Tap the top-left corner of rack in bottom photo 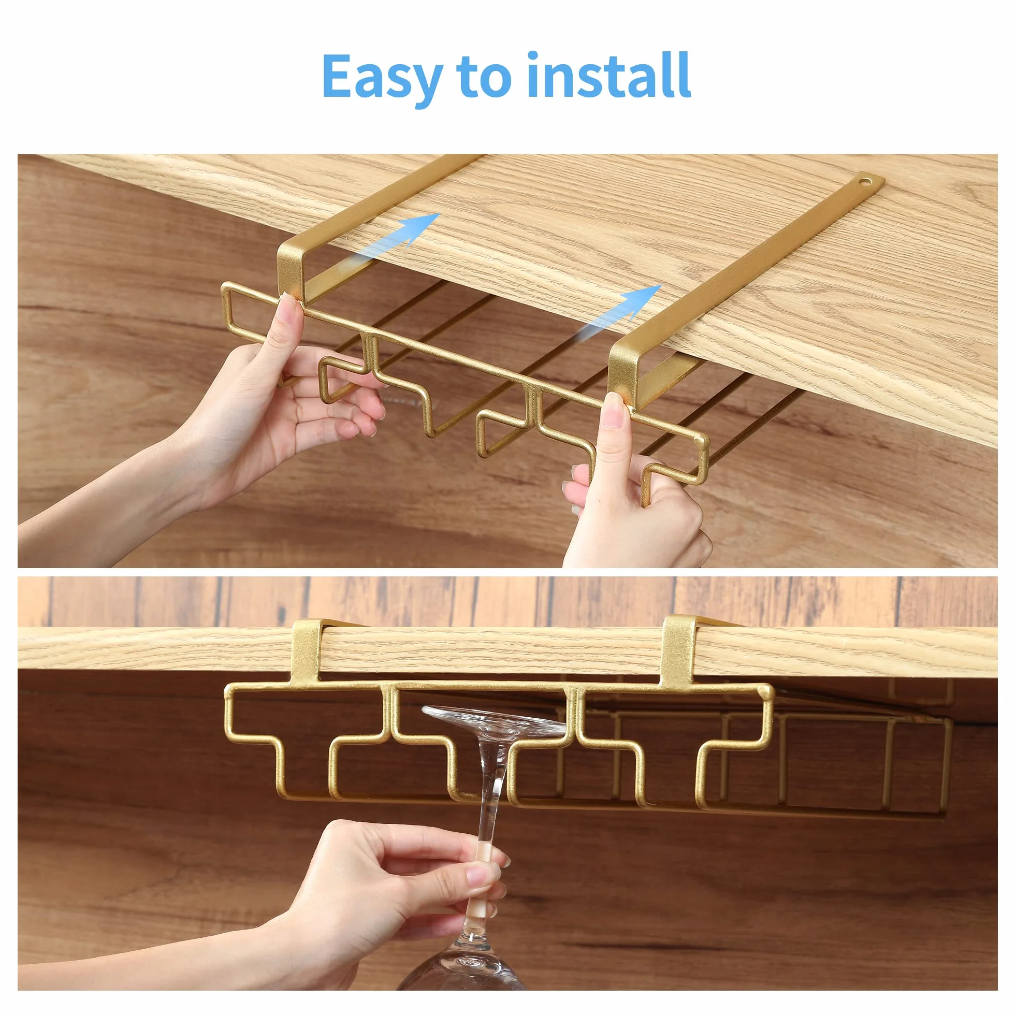229,688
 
